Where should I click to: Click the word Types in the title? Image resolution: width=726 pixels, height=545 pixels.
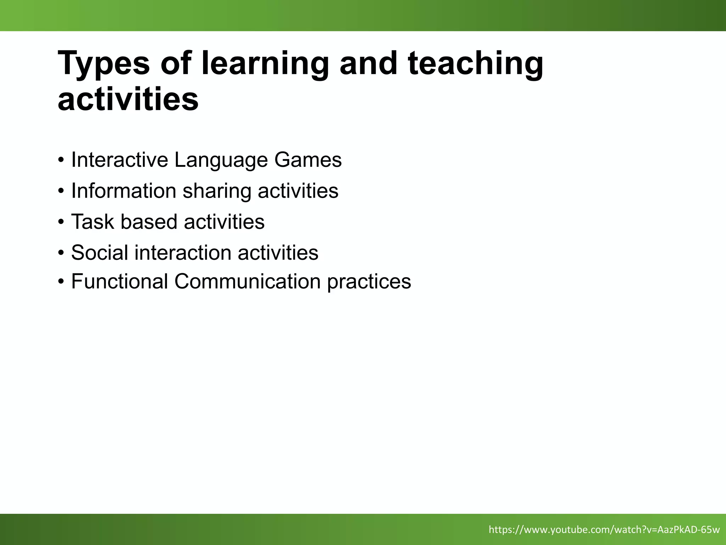[104, 64]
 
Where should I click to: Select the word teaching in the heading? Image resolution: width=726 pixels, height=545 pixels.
[475, 64]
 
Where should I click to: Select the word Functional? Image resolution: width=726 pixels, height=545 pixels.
[119, 281]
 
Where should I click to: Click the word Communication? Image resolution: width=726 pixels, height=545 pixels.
[247, 281]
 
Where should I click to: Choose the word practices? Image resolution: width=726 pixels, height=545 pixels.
[369, 282]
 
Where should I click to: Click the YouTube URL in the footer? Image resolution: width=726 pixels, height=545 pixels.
[604, 530]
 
